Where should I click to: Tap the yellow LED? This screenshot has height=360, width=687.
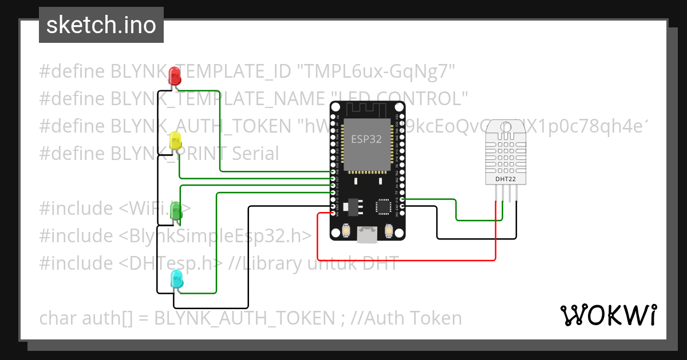(x=175, y=141)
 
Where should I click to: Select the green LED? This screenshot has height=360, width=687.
(x=176, y=210)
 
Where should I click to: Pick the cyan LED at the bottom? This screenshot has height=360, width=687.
(x=177, y=280)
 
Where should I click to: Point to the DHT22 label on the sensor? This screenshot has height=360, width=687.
(x=502, y=179)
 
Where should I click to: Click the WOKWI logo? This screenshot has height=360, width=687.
(x=608, y=315)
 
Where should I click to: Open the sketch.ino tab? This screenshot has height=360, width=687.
(x=101, y=25)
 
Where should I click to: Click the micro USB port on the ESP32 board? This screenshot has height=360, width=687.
(x=366, y=234)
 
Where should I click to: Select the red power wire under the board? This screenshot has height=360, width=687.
(x=406, y=260)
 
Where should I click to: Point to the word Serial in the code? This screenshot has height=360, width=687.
(x=255, y=153)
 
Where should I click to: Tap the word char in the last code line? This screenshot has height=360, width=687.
(x=59, y=318)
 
